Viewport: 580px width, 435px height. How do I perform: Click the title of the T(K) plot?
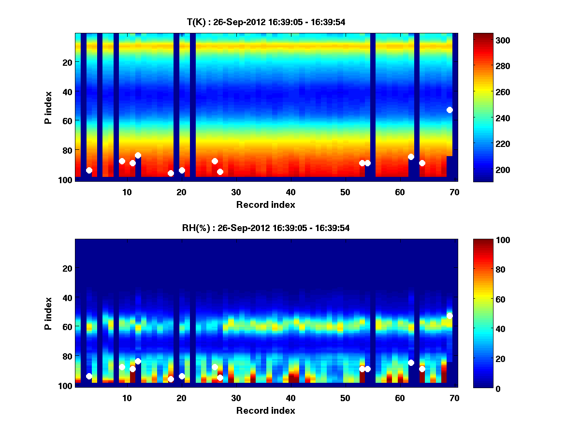tap(266, 22)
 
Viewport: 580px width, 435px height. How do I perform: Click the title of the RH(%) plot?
tap(266, 228)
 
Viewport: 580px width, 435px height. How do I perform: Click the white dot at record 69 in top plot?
tap(449, 110)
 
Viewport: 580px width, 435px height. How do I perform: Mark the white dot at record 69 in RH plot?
tap(449, 316)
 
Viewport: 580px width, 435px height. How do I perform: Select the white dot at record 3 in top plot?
tap(89, 170)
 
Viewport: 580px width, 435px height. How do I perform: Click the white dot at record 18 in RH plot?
tap(171, 379)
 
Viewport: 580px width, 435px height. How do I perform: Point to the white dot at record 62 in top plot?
tap(411, 157)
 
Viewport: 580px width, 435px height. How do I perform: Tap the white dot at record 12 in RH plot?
tap(138, 361)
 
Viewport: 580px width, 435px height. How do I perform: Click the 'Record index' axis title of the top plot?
tap(265, 204)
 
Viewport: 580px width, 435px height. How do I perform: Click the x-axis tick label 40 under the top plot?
tap(290, 191)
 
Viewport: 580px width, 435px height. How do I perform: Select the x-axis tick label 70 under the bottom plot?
tap(454, 397)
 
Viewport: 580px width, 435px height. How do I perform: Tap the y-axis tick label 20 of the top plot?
tap(67, 62)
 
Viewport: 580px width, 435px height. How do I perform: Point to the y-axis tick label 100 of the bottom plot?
tap(65, 386)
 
